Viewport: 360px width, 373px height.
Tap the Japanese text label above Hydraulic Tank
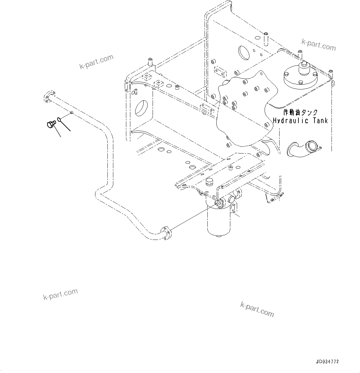(x=300, y=112)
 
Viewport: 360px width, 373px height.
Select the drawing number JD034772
(x=327, y=362)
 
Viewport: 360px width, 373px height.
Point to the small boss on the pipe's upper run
(x=72, y=113)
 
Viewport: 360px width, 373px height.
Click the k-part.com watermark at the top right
(x=319, y=45)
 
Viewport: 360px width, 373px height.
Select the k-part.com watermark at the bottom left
(x=60, y=294)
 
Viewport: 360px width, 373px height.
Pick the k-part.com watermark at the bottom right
(x=257, y=310)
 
